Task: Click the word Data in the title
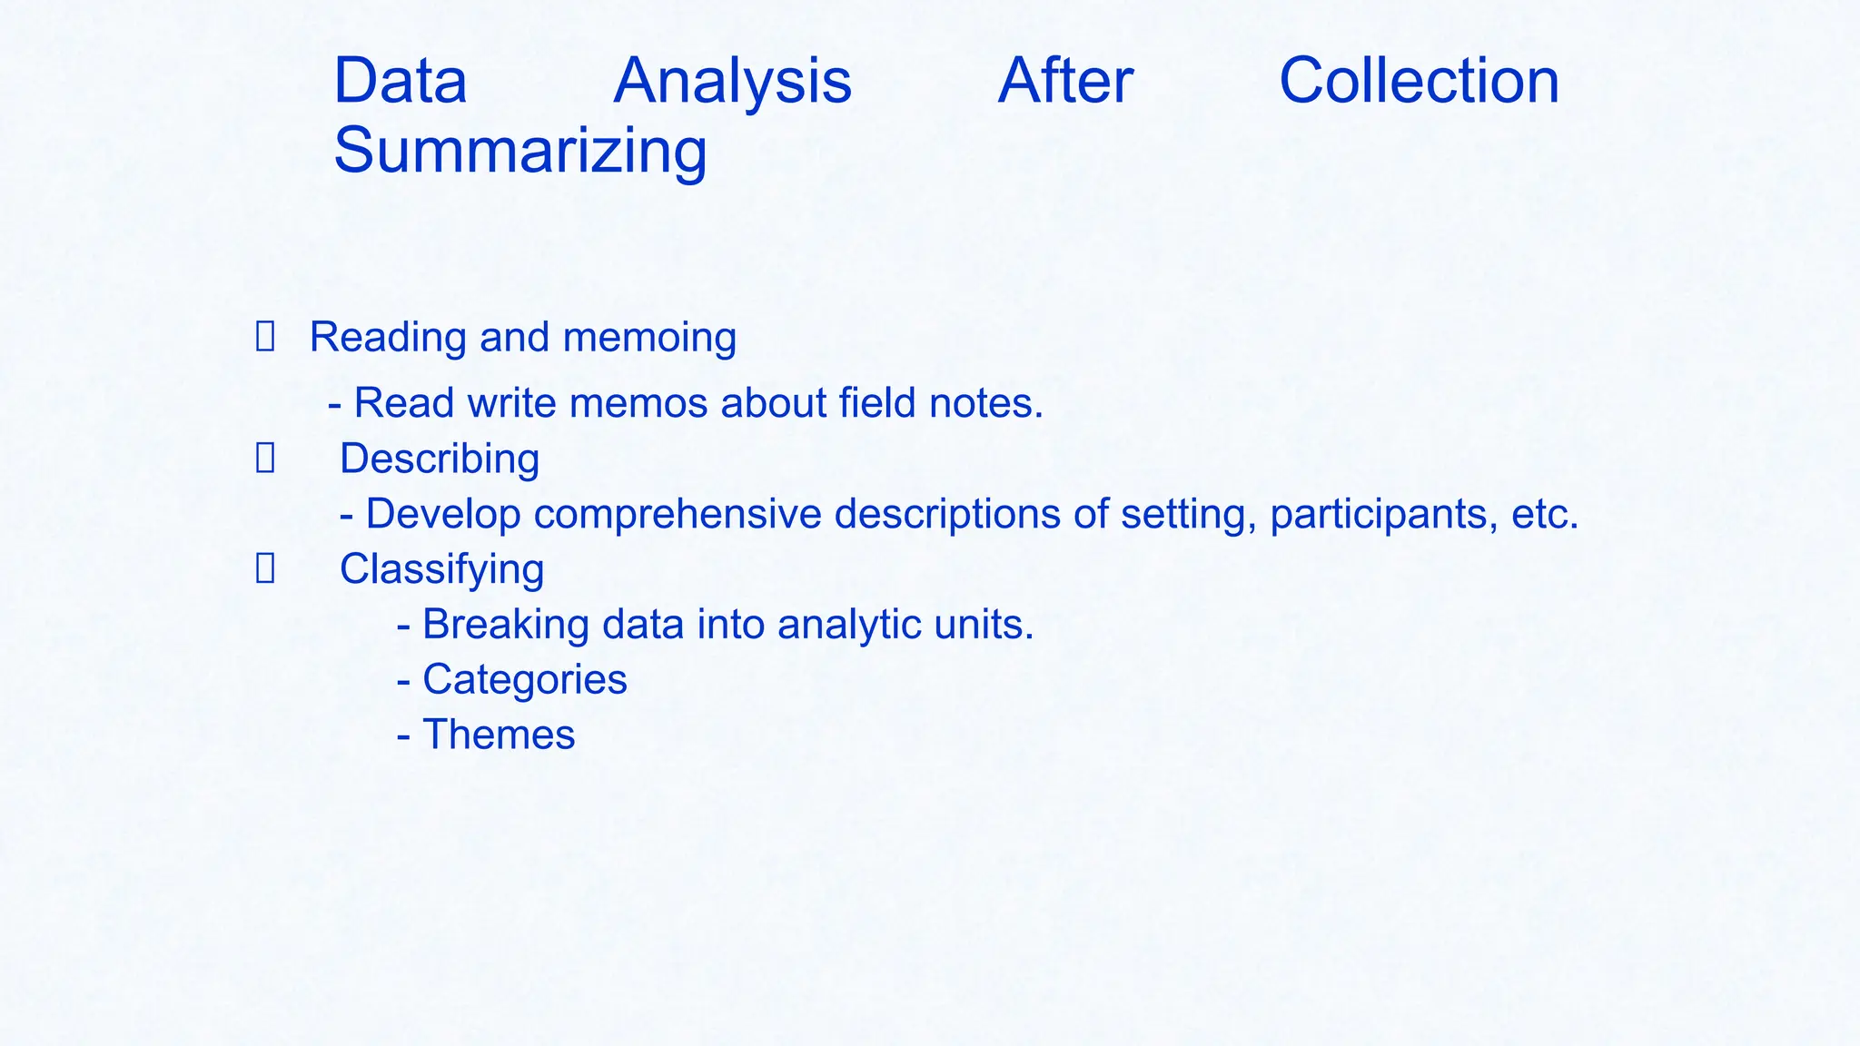[x=401, y=82]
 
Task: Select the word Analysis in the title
[x=732, y=82]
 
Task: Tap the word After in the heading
[x=1064, y=82]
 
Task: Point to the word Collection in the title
[x=1419, y=82]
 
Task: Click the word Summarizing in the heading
[x=519, y=151]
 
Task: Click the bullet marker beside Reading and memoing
[x=265, y=337]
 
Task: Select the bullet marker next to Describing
[x=265, y=459]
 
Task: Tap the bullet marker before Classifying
[x=265, y=569]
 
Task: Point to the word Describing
[x=440, y=459]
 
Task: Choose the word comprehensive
[x=678, y=515]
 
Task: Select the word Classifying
[x=441, y=570]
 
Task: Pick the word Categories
[x=525, y=680]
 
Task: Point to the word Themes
[x=499, y=735]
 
